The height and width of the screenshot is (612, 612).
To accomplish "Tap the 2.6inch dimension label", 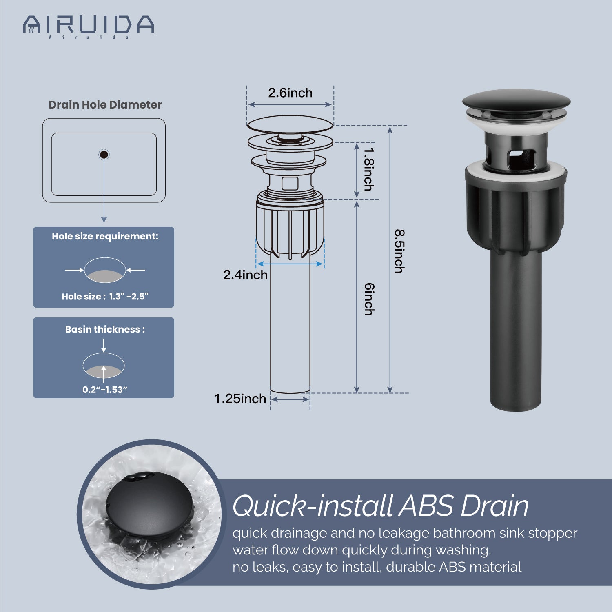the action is (290, 93).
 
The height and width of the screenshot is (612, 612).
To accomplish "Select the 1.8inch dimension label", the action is (368, 169).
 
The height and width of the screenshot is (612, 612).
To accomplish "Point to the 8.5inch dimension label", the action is (399, 251).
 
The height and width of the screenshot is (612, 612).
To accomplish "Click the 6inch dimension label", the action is (369, 299).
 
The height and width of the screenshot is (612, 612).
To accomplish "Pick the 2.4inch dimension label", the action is (245, 275).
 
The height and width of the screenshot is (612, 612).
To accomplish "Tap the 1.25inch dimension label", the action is (240, 399).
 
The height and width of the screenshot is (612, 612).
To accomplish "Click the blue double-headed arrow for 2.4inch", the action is (290, 264).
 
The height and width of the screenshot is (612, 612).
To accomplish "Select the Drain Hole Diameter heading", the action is (105, 105).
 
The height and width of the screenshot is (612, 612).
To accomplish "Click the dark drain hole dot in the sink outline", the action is (104, 155).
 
